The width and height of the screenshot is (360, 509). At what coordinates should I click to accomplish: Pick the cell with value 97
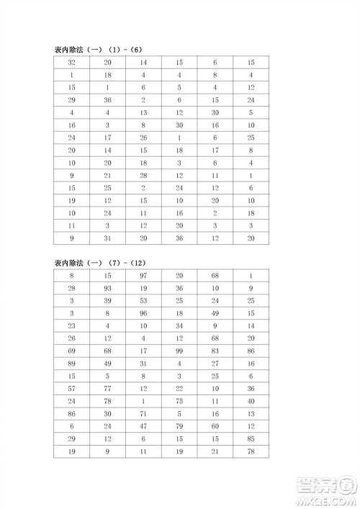coord(143,275)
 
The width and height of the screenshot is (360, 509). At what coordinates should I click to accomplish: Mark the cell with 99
coord(179,351)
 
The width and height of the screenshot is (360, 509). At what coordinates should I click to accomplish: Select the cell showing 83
coord(215,351)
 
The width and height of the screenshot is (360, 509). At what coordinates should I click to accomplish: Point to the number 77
coord(108,389)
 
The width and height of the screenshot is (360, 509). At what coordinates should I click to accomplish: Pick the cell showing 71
coord(143,414)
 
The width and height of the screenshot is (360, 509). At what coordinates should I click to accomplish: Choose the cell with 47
coord(143,426)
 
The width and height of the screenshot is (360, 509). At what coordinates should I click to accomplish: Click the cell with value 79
coord(179,426)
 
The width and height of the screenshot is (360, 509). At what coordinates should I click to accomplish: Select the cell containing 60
coord(215,426)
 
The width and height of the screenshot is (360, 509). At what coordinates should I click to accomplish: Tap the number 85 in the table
coord(250,439)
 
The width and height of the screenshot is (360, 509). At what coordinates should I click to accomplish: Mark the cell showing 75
coord(179,401)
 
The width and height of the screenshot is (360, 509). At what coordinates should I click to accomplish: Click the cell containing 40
coord(250,401)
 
